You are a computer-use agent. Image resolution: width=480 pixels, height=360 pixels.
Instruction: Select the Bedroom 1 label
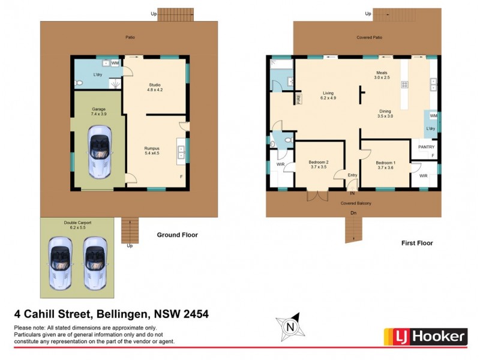coord(386,165)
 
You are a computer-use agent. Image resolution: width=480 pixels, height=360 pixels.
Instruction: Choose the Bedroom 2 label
coord(318,165)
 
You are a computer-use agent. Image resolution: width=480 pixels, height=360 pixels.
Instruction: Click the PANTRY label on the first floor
coord(426,147)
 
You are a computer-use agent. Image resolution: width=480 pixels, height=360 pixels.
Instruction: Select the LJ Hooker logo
coord(425,336)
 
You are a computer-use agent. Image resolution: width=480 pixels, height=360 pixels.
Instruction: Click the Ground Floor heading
coord(177,235)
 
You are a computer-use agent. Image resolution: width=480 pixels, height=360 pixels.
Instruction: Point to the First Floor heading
coord(417,243)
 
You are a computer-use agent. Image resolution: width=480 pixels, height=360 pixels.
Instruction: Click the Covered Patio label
coord(369,37)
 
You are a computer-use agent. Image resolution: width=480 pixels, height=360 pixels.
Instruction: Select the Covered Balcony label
coord(356,203)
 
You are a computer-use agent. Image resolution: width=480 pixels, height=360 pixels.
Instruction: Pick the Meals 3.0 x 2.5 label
coord(382,75)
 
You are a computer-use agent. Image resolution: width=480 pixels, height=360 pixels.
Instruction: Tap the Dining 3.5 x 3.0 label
coord(385,113)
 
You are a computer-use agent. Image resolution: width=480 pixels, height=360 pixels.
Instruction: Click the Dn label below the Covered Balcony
coord(353,213)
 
